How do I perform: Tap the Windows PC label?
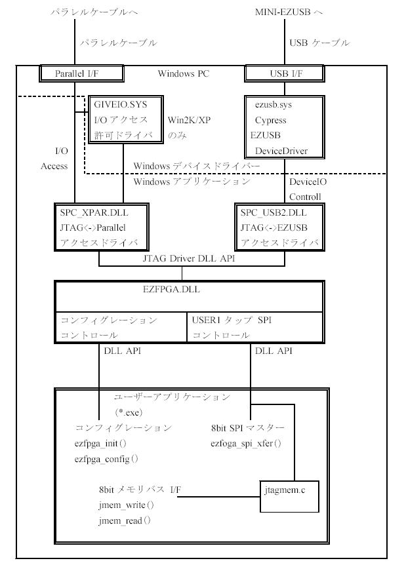coord(184,73)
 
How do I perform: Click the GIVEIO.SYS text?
coord(121,104)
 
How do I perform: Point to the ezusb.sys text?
coord(274,104)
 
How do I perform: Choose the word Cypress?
coord(270,120)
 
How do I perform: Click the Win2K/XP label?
coord(190,120)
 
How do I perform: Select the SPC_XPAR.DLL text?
coord(94,212)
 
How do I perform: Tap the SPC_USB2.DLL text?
coord(274,212)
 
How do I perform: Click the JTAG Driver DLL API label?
coord(189,258)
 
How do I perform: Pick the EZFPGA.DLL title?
coord(171,289)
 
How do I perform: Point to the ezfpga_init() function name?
coord(100,444)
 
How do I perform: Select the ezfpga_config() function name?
coord(106,459)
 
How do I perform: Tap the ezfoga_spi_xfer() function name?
coord(246,444)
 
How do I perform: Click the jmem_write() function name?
coord(126,505)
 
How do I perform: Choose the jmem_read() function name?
coord(125,520)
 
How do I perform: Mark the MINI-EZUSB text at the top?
coord(283,12)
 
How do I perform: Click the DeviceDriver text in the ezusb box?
coord(281,151)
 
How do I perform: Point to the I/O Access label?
coord(54,158)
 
